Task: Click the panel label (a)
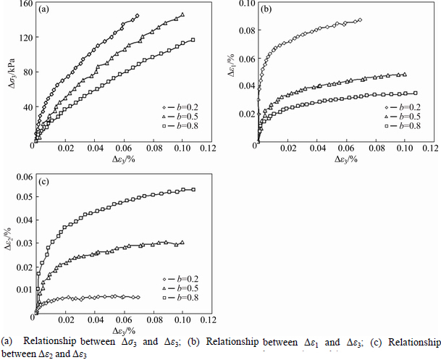tap(45, 9)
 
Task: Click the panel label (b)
tap(266, 9)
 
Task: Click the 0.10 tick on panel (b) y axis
tap(245, 4)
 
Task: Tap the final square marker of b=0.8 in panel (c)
tap(193, 190)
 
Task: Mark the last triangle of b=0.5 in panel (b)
tap(404, 74)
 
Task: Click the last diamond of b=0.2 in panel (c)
tap(138, 297)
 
